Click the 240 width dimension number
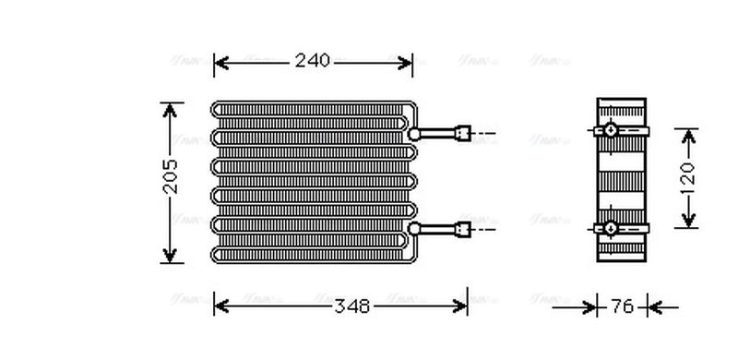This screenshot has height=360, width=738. pos(313,62)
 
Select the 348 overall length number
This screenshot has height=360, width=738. pos(351,306)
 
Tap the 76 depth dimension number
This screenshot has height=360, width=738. pos(623,306)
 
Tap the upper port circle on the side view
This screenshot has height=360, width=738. pos(610,131)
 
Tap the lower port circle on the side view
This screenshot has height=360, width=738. pos(610,227)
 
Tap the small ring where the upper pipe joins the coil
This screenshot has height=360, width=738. pos(416,134)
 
